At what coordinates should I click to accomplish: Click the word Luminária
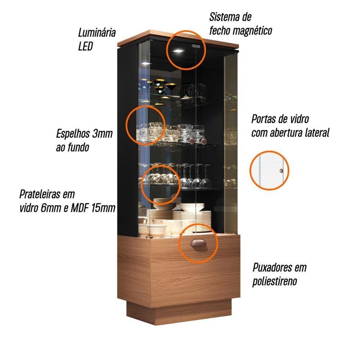click(96, 32)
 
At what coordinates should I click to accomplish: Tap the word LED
click(85, 46)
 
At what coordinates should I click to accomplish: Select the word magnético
click(253, 31)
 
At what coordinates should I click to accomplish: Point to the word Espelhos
click(73, 134)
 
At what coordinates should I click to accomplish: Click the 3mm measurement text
click(102, 134)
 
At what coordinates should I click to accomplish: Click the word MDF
click(80, 208)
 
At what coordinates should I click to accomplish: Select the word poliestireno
click(275, 282)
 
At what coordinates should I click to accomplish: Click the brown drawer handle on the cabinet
click(198, 243)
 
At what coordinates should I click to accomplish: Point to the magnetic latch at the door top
click(195, 46)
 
